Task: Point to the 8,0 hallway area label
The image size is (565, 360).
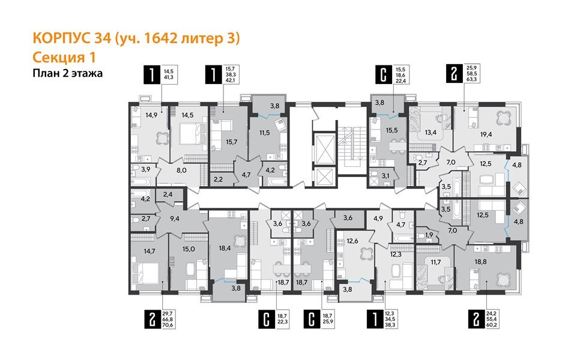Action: click(180, 170)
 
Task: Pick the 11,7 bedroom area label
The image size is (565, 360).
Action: click(436, 262)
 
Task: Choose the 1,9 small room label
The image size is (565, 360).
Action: click(429, 235)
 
